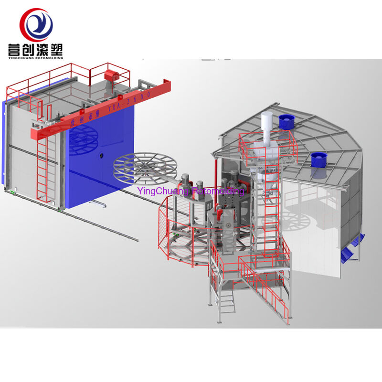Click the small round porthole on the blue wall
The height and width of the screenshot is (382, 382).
pos(101,155)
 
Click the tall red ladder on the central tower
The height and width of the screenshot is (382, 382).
pos(271,215)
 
